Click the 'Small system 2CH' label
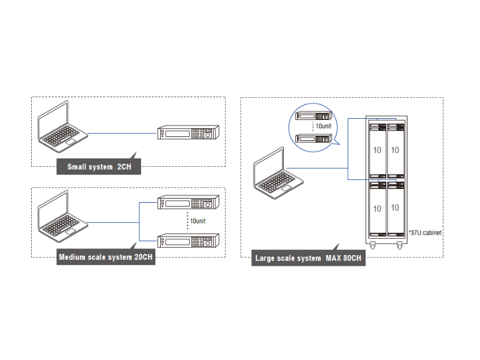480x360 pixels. pyautogui.click(x=98, y=167)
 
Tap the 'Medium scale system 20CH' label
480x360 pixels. pyautogui.click(x=105, y=258)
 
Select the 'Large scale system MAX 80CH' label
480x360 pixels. pyautogui.click(x=308, y=259)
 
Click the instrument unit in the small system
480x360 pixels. pyautogui.click(x=188, y=133)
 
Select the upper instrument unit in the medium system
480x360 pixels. pyautogui.click(x=188, y=203)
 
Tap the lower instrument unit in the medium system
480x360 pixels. pyautogui.click(x=188, y=241)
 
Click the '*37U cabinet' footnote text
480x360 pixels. pyautogui.click(x=424, y=232)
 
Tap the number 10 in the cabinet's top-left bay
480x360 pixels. pyautogui.click(x=377, y=149)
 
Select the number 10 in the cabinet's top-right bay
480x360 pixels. pyautogui.click(x=395, y=149)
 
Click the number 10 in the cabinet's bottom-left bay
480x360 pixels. pyautogui.click(x=377, y=208)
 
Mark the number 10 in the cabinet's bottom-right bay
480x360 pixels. pyautogui.click(x=395, y=208)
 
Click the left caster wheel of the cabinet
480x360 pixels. pyautogui.click(x=373, y=246)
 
